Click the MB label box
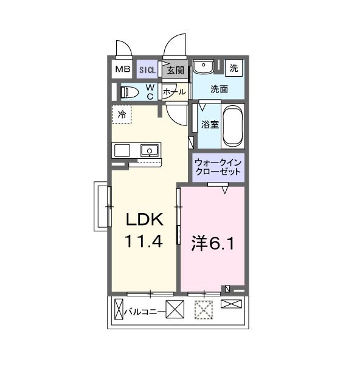(x=122, y=69)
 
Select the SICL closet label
(x=147, y=70)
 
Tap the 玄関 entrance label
(x=176, y=70)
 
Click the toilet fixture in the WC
(x=128, y=93)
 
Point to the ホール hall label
(x=175, y=93)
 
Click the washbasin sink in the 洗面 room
(x=203, y=66)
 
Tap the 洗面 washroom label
(x=219, y=89)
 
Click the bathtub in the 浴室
(x=233, y=127)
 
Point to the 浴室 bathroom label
(x=210, y=124)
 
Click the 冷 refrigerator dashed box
(x=122, y=114)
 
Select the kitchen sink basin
(x=149, y=150)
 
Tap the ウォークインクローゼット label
(x=218, y=167)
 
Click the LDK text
(x=144, y=220)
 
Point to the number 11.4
(x=144, y=242)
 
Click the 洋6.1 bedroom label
(x=213, y=243)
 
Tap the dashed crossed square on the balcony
(x=203, y=311)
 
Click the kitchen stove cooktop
(x=122, y=150)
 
